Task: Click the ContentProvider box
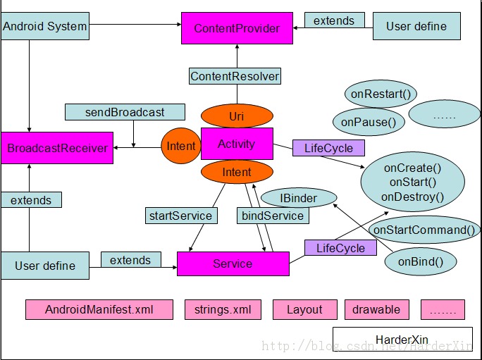click(237, 28)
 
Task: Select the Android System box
click(45, 27)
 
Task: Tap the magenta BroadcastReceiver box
click(57, 148)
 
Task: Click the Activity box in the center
click(237, 144)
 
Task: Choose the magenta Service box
click(233, 263)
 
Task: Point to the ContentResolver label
click(235, 76)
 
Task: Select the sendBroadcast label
click(125, 112)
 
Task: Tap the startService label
click(180, 216)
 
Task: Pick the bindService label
click(272, 216)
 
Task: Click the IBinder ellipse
click(298, 198)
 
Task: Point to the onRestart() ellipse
click(381, 94)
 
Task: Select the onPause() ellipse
click(368, 122)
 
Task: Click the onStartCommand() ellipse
click(424, 230)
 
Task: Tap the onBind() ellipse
click(421, 262)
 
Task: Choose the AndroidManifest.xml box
click(99, 309)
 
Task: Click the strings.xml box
click(223, 309)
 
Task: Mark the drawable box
click(376, 309)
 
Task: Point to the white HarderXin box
click(402, 340)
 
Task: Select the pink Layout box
click(304, 309)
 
